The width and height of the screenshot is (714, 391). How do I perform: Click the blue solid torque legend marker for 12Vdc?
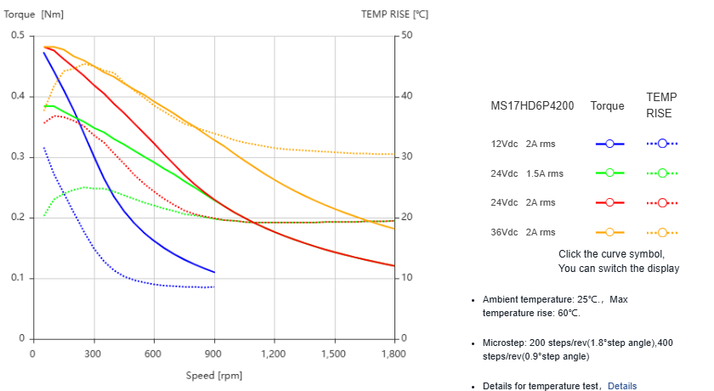(609, 144)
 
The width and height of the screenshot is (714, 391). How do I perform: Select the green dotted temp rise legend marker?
(662, 173)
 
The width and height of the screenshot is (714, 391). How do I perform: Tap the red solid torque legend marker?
(609, 202)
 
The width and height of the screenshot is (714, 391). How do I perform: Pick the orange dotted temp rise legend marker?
(662, 232)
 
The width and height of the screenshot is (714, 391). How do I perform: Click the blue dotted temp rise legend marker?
(662, 144)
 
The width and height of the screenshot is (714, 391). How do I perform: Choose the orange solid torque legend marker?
(609, 232)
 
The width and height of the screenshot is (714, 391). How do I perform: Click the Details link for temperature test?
(621, 386)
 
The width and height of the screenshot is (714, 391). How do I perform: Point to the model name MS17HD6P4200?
(532, 106)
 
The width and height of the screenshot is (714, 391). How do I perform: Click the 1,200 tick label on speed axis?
(274, 354)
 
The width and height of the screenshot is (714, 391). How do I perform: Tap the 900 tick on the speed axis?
(213, 354)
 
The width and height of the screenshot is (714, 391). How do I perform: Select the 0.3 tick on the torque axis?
(18, 157)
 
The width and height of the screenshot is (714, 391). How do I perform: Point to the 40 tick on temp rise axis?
(406, 96)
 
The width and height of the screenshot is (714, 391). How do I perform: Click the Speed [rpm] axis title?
(213, 375)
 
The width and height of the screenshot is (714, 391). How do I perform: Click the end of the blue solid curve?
(214, 272)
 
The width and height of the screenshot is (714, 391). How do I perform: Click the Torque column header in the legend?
(607, 106)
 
